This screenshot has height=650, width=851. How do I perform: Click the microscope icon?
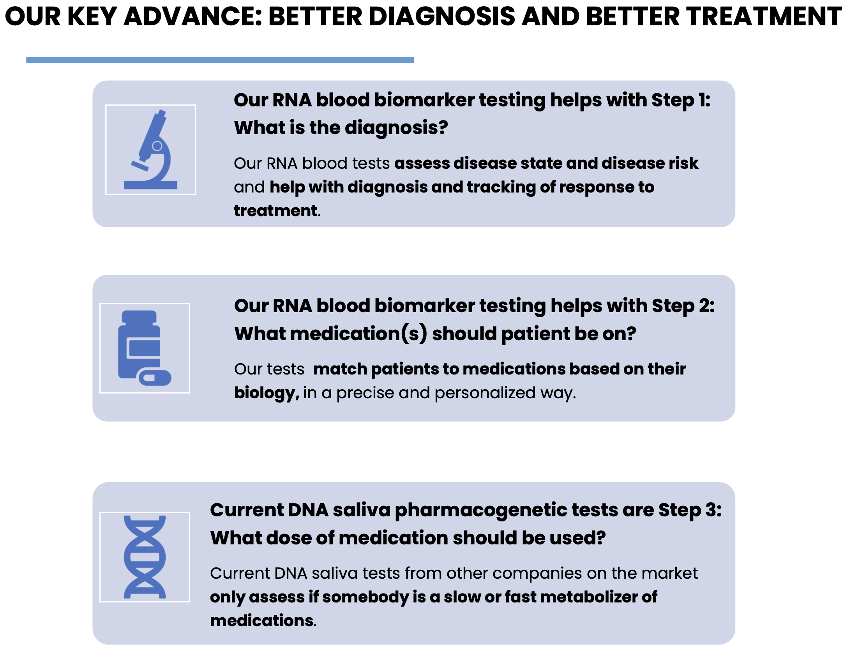pyautogui.click(x=150, y=150)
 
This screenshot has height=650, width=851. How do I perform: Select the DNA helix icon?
pyautogui.click(x=145, y=557)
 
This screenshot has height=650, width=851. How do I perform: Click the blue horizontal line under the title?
pyautogui.click(x=220, y=60)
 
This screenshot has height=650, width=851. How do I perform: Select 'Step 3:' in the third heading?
pyautogui.click(x=690, y=510)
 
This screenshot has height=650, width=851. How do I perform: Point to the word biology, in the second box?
pyautogui.click(x=267, y=393)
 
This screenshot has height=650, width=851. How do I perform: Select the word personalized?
pyautogui.click(x=485, y=393)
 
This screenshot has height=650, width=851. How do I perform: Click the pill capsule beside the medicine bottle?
pyautogui.click(x=155, y=377)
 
